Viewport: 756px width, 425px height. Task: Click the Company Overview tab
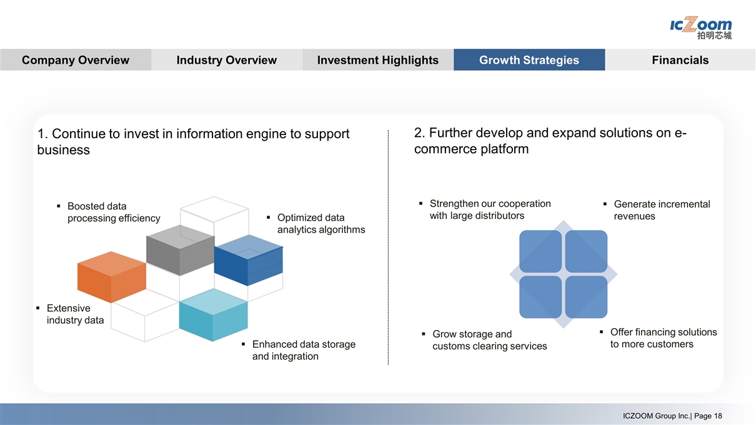tap(75, 60)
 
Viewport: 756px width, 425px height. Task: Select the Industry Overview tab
tap(226, 60)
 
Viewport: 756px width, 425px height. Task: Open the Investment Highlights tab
tap(377, 60)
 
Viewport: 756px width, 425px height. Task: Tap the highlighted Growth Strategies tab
tap(529, 60)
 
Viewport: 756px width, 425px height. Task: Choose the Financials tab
tap(680, 60)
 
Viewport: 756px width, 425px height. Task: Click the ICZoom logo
tap(700, 27)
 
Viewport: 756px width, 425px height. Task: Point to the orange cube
tap(111, 278)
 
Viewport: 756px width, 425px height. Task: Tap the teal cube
tap(214, 316)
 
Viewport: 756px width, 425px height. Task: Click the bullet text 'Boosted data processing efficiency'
tap(113, 212)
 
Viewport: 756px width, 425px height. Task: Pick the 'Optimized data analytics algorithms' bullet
tap(321, 223)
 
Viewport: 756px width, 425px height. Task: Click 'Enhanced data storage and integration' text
tap(303, 350)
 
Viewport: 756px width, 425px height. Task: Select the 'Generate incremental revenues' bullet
tap(661, 210)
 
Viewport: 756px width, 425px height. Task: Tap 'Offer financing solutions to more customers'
tap(663, 338)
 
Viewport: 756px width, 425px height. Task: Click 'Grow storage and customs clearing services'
tap(489, 340)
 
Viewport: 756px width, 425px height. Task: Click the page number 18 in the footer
tap(717, 416)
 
